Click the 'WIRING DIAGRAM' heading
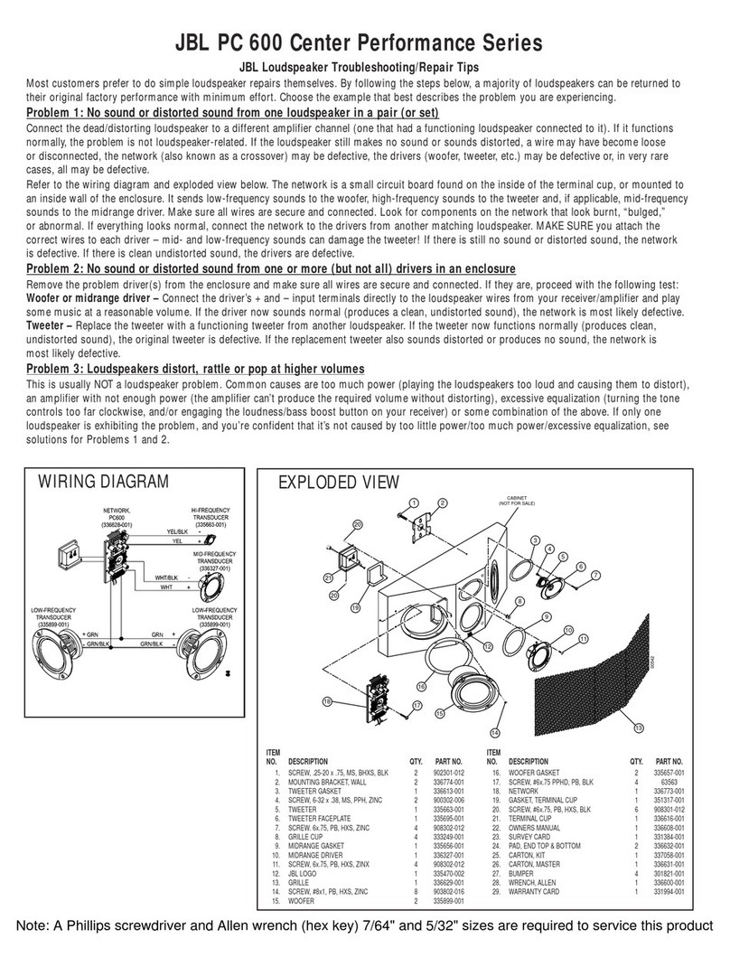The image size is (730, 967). coord(102,481)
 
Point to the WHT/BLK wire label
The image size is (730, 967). coord(165,576)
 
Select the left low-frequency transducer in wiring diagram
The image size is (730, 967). coord(62,652)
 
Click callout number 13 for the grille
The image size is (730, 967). coord(639,728)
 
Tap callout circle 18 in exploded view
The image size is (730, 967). coord(327,701)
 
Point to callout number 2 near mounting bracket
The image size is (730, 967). coord(443,502)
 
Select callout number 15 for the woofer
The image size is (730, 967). coord(440,713)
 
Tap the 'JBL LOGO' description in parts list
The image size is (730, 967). coord(304,874)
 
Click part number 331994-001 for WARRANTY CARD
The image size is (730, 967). coord(669,892)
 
